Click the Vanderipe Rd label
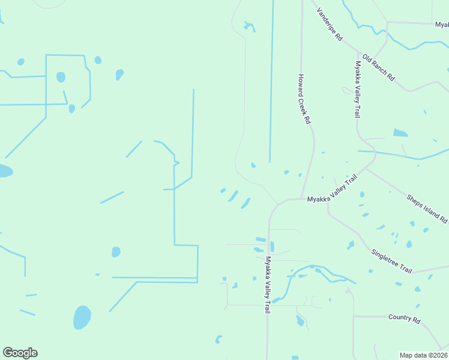[x=330, y=25]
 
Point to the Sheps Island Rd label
[x=427, y=209]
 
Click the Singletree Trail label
[x=391, y=261]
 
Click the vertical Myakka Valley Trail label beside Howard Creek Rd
[x=358, y=89]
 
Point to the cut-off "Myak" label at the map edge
[x=442, y=25]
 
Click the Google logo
[x=20, y=353]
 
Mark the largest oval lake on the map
[x=82, y=317]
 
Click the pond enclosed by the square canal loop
[x=61, y=77]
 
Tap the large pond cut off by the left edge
[x=4, y=171]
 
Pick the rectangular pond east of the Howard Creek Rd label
[x=400, y=133]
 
